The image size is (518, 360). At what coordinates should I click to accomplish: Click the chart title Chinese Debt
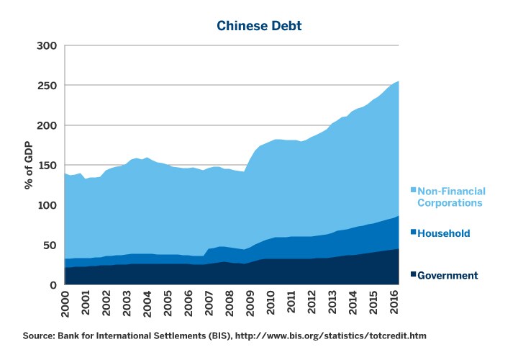259,26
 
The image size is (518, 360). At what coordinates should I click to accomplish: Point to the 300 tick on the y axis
47,46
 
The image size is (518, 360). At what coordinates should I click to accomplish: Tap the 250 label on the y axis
47,86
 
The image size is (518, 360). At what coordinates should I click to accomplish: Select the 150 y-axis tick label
47,166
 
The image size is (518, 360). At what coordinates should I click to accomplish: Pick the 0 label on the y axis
53,286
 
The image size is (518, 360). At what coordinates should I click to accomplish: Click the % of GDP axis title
29,166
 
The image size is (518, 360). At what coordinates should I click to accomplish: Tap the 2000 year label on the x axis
65,305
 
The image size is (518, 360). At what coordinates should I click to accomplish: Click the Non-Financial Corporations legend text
451,197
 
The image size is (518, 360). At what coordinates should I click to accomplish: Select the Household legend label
444,233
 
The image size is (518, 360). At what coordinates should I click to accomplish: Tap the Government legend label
447,275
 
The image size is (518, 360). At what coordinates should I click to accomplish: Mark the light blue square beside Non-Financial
413,191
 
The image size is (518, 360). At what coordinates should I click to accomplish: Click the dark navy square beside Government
413,275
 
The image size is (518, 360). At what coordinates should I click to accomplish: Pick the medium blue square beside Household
413,233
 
